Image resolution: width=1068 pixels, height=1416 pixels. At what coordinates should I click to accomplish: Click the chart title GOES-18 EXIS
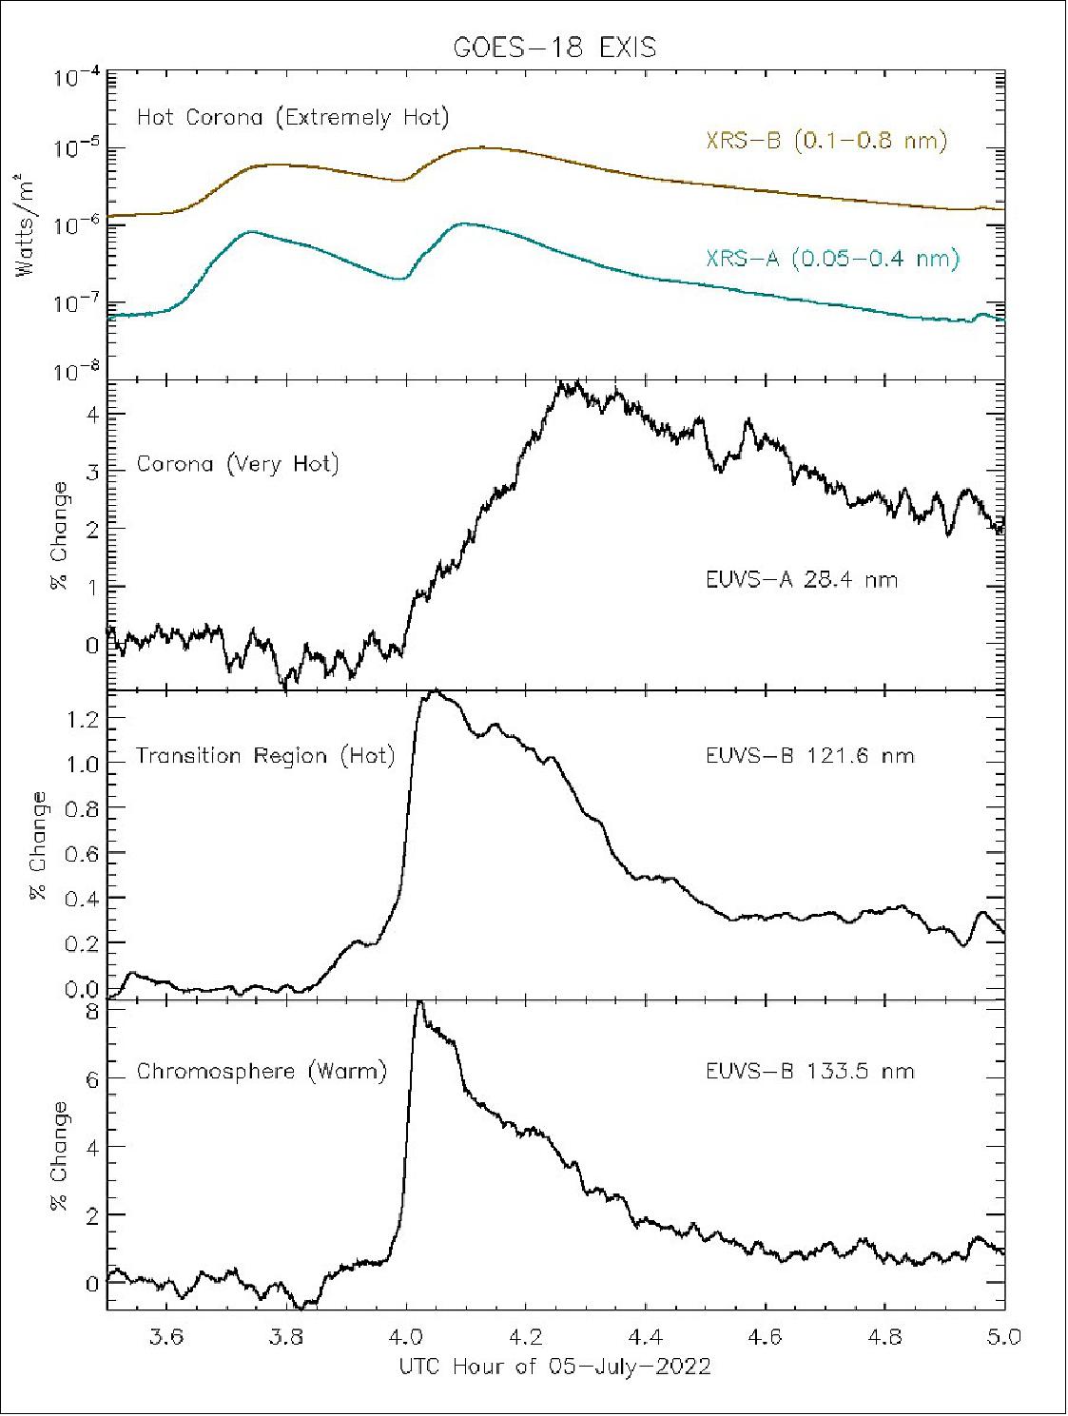[x=553, y=48]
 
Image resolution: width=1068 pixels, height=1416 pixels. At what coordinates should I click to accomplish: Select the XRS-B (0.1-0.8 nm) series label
[x=825, y=141]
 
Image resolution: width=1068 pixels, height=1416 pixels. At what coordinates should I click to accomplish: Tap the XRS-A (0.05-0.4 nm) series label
[x=832, y=258]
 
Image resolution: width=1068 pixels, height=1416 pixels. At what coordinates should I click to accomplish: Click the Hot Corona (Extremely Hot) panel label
[x=293, y=118]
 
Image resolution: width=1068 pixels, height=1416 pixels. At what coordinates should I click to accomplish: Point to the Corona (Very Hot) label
[x=238, y=465]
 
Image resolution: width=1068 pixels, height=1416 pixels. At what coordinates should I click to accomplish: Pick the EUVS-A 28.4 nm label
[x=802, y=579]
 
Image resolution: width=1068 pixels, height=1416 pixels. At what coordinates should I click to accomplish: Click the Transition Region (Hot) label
[x=264, y=756]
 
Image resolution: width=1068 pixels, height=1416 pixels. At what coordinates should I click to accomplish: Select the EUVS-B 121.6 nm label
[x=809, y=756]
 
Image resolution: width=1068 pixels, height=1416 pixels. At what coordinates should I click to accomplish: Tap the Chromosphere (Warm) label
[x=262, y=1072]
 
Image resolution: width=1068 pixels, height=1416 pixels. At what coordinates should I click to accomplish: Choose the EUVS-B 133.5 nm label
[x=809, y=1072]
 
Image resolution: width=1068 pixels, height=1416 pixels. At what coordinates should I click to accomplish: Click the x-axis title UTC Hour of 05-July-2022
[x=553, y=1367]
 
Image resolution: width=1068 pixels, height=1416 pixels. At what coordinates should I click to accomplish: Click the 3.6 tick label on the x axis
[x=167, y=1336]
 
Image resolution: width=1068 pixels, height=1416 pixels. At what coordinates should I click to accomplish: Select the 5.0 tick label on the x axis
[x=1003, y=1336]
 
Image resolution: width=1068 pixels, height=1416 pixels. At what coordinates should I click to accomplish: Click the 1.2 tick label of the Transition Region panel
[x=83, y=720]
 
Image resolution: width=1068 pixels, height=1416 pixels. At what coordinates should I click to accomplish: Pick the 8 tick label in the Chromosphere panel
[x=92, y=1012]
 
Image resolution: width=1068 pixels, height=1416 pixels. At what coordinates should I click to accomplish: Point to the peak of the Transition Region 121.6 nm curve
[x=435, y=691]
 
